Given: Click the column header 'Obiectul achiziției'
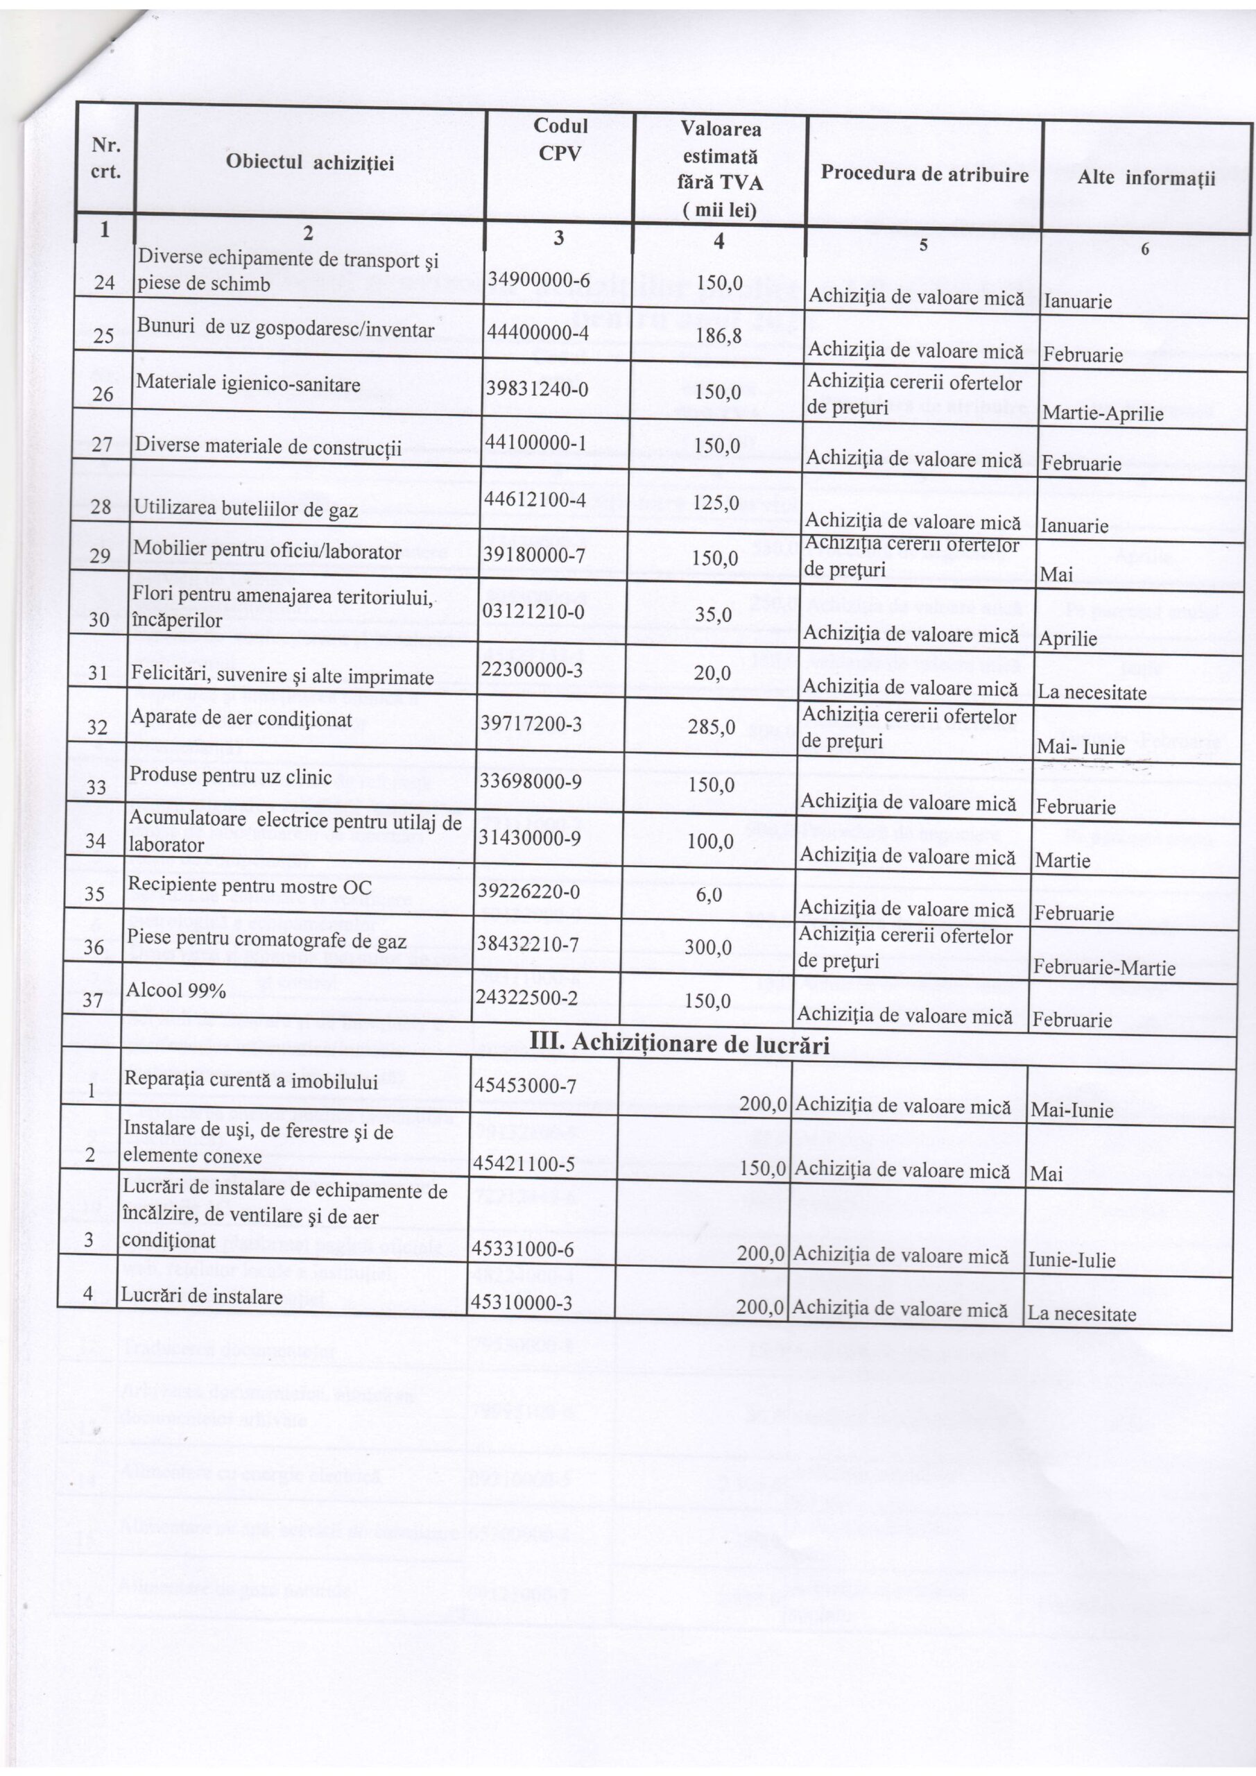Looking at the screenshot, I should [x=309, y=162].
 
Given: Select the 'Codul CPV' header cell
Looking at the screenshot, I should [x=559, y=139].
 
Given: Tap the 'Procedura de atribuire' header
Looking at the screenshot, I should [x=924, y=174].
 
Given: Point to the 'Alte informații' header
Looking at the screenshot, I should [x=1146, y=179].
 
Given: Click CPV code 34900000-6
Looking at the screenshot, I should [x=538, y=280].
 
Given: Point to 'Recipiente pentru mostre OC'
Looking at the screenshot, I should [x=249, y=887].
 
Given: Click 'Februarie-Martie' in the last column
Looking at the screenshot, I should [x=1103, y=968].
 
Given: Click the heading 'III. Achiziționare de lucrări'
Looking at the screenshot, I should [x=678, y=1045].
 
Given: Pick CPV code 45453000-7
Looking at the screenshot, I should [x=525, y=1086].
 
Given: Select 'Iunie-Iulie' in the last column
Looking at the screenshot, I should [x=1071, y=1260].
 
